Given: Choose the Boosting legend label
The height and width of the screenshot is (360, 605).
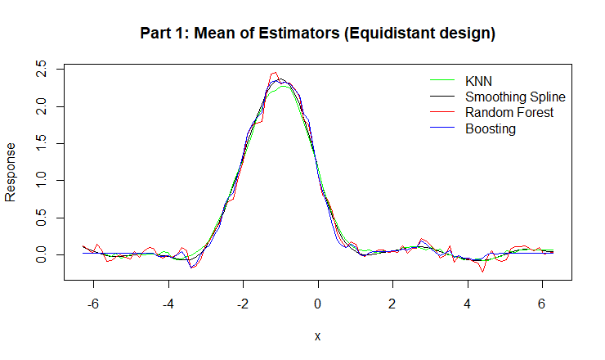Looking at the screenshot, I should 491,128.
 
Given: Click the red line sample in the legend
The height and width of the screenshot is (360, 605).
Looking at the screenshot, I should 442,112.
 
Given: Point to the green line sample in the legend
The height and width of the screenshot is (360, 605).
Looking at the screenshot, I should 442,81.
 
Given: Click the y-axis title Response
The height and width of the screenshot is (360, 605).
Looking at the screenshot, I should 11,172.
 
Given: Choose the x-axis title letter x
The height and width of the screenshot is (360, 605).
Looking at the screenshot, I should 317,335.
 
